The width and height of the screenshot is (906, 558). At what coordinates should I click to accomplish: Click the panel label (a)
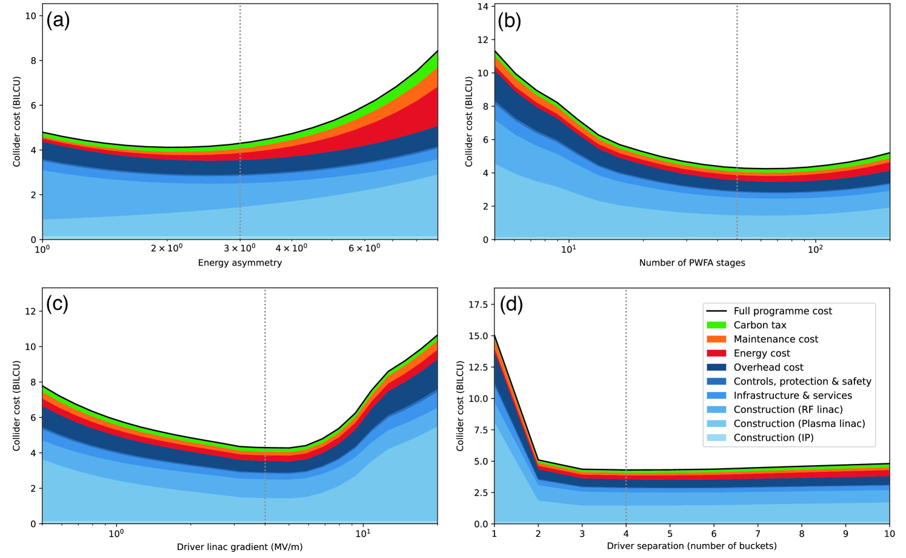58,21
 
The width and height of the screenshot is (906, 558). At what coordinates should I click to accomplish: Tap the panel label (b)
509,21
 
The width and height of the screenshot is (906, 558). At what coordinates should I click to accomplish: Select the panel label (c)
57,304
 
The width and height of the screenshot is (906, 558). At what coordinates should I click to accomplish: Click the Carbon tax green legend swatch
716,325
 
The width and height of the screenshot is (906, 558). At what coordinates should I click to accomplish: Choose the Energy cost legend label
762,353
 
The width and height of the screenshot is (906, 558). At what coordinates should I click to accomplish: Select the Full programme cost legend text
782,311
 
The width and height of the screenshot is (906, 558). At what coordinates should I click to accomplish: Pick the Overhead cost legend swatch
716,368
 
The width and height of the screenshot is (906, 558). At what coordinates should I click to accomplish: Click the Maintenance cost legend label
776,339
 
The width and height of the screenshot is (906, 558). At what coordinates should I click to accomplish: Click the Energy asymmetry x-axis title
240,263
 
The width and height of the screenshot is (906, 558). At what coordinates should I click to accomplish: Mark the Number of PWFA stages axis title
692,263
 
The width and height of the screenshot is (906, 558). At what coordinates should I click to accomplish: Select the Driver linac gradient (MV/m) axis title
240,546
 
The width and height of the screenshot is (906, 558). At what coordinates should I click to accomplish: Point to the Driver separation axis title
692,546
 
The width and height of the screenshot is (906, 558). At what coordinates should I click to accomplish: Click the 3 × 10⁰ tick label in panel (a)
240,248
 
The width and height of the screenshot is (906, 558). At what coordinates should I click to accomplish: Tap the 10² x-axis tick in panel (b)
815,249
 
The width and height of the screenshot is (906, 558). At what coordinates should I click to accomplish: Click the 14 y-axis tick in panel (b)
482,7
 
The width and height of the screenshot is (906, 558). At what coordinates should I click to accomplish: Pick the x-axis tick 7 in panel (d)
758,534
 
